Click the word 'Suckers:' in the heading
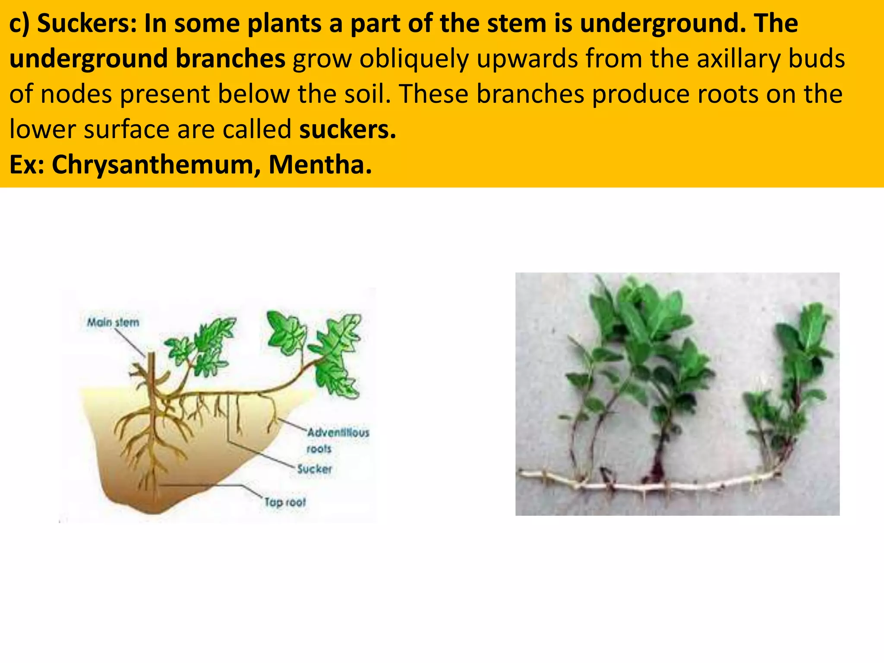[x=87, y=24]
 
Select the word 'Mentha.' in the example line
[x=320, y=164]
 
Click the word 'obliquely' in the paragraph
[x=414, y=60]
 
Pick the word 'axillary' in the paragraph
[x=739, y=60]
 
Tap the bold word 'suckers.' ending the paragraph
[x=348, y=129]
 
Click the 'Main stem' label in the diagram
[x=113, y=322]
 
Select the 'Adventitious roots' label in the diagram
[x=338, y=440]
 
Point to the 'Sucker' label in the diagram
[x=314, y=469]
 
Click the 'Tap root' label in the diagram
[x=285, y=502]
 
